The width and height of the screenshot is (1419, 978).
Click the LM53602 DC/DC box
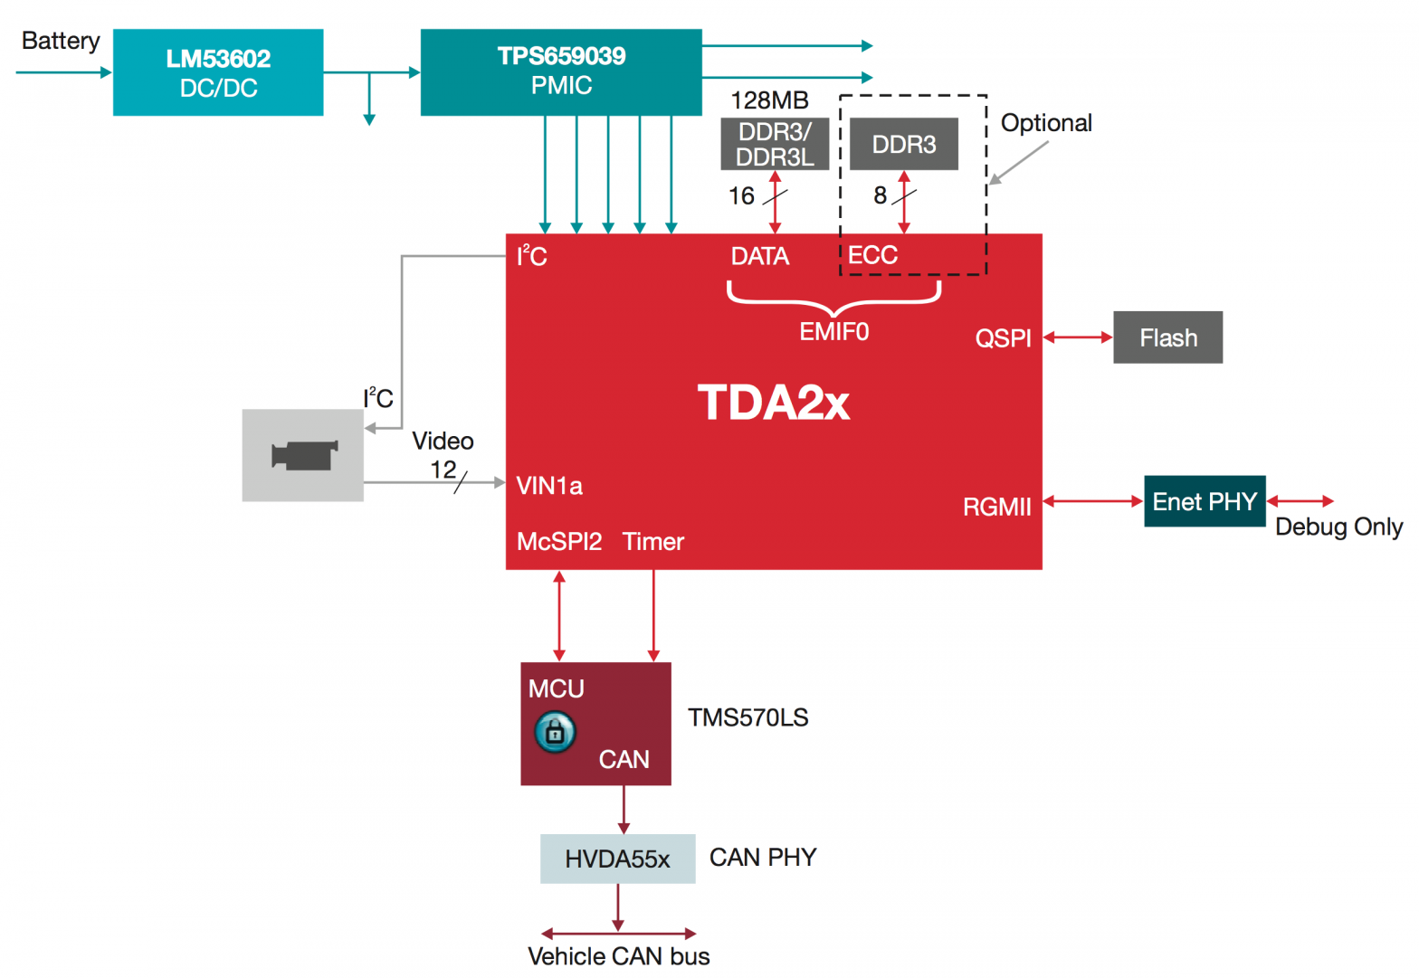coord(218,72)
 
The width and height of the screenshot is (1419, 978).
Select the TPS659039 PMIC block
coord(561,71)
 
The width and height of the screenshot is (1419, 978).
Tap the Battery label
coord(61,41)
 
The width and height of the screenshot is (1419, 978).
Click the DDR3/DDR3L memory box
coord(775,144)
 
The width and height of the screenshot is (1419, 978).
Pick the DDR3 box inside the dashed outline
coord(903,144)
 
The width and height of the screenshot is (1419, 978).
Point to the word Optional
coord(1046,123)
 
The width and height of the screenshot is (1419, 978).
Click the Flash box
coord(1167,337)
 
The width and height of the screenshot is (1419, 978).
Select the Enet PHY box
coord(1205,501)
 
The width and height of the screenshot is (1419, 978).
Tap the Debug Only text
coord(1338,527)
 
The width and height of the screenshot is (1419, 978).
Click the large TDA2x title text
coord(774,403)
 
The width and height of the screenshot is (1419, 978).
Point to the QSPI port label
coord(1003,338)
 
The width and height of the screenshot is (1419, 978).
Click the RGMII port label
coord(996,507)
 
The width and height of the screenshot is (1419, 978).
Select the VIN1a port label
coord(549,486)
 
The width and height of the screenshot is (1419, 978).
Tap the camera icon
coord(304,455)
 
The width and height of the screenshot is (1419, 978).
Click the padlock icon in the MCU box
coord(555,732)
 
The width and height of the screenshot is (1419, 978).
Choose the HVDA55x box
coord(617,859)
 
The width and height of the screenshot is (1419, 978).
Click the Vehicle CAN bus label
coord(618,956)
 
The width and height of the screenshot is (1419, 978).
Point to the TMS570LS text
coord(748,717)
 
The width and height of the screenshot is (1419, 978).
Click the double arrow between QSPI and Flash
coord(1078,337)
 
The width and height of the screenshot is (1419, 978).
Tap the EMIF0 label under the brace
coord(833,332)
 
